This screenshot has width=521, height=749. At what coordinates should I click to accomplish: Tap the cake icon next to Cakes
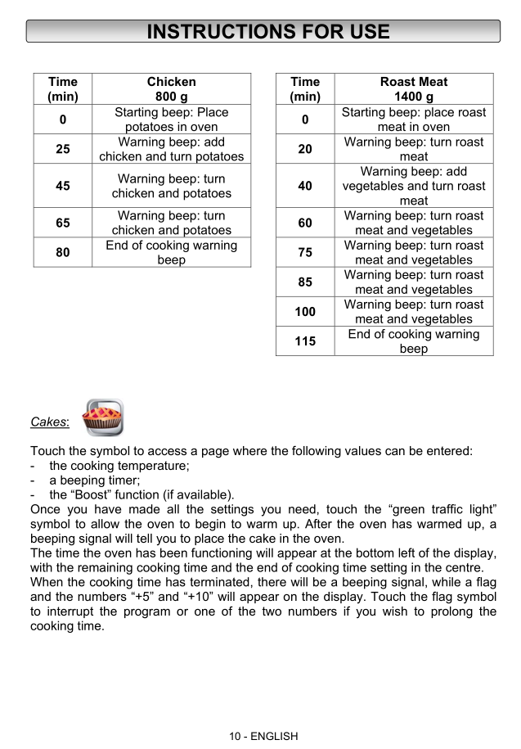point(104,418)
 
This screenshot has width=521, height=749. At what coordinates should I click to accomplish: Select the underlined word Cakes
point(49,422)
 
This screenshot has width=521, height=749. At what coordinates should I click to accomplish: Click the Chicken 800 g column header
point(171,89)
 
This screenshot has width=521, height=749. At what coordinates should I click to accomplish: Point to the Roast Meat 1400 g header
point(414,89)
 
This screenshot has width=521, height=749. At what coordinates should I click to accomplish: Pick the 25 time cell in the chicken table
point(62,149)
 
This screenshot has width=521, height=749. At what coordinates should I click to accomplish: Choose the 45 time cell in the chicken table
point(62,186)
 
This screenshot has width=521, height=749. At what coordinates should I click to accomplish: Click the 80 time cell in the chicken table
point(62,252)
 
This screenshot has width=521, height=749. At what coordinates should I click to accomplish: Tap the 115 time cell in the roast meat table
point(305,341)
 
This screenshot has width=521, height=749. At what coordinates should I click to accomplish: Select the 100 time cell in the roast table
point(305,312)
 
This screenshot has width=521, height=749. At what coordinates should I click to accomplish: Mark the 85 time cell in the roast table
point(305,282)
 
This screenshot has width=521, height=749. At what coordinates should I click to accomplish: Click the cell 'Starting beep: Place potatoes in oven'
point(171,120)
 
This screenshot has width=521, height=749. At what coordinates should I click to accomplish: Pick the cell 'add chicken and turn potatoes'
point(171,149)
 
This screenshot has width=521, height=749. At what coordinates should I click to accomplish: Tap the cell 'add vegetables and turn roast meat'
point(414,186)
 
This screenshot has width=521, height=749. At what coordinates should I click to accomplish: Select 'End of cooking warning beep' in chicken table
point(171,252)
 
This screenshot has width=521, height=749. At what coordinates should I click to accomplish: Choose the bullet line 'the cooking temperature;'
point(119,466)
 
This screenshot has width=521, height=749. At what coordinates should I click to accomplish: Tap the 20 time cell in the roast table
point(305,149)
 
